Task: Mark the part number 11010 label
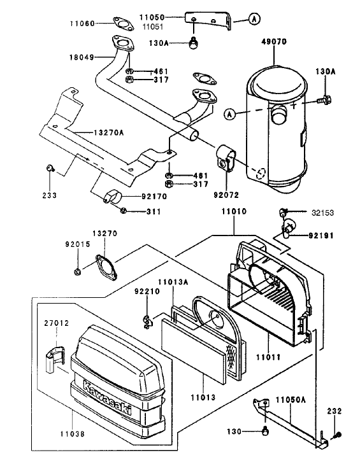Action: tap(234, 210)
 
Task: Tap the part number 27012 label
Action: tap(57, 323)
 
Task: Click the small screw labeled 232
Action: tap(338, 435)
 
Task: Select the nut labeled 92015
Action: tap(76, 272)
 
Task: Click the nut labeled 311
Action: tap(124, 211)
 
